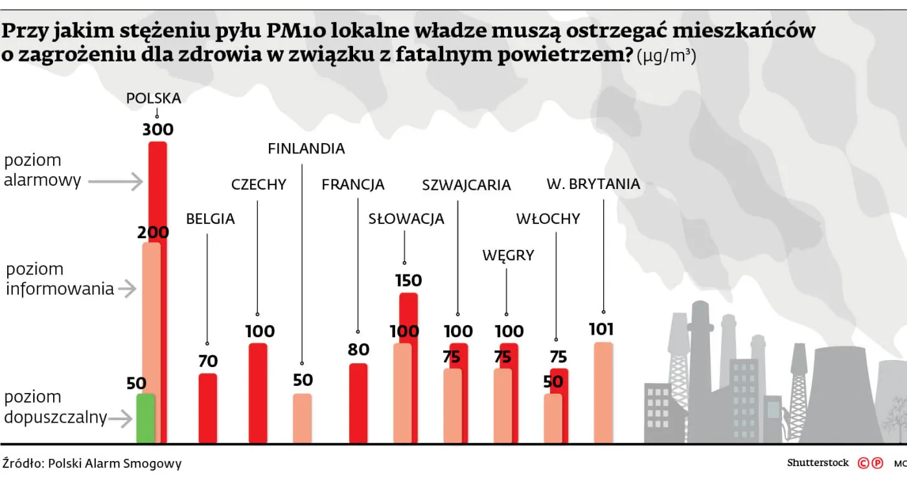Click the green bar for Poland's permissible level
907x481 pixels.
click(x=146, y=418)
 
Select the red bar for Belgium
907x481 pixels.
click(x=208, y=408)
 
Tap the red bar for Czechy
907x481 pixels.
click(x=258, y=393)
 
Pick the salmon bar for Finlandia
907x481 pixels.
click(x=302, y=418)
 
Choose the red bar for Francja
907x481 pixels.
click(x=358, y=403)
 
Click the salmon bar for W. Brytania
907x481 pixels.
click(x=603, y=392)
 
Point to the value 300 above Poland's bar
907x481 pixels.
click(x=158, y=130)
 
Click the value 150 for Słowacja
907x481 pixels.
click(x=408, y=281)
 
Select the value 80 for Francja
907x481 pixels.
click(x=358, y=350)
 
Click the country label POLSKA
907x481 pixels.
click(x=154, y=98)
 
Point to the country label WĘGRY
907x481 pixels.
click(x=508, y=256)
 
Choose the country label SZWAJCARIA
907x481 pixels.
click(x=466, y=186)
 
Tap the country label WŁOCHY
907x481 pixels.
click(x=548, y=219)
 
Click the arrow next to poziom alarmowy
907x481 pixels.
click(x=115, y=182)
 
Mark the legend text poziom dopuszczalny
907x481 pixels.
click(x=55, y=407)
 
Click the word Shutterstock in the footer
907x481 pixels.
click(x=818, y=463)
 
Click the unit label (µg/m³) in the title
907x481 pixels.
click(x=667, y=57)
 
